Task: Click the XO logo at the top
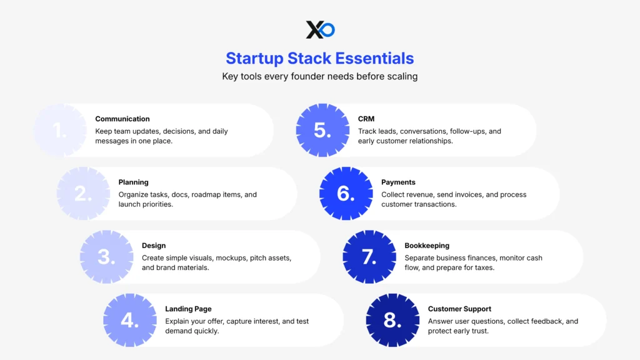[320, 29]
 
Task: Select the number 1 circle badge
[60, 130]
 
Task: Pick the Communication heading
[122, 119]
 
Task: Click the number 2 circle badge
[83, 194]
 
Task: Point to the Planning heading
[133, 182]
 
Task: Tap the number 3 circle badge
[107, 257]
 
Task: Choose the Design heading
[154, 246]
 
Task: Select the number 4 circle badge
[130, 320]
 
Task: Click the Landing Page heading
[188, 309]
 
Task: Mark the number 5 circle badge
[322, 130]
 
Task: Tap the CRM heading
[366, 119]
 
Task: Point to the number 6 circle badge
[346, 194]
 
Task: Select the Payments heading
[398, 182]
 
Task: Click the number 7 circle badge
[369, 257]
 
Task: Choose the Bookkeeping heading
[427, 246]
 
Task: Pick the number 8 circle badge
[392, 320]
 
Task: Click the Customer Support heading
[459, 309]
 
